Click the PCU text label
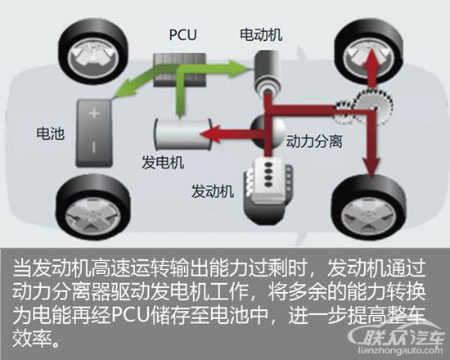[x=182, y=34]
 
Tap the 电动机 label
[x=261, y=34]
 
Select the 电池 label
[x=50, y=133]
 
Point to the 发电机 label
[x=163, y=162]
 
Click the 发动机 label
[x=213, y=191]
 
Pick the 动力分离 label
[x=314, y=142]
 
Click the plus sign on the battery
[x=94, y=113]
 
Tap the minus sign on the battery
[x=93, y=147]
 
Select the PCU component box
[x=180, y=70]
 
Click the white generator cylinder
[x=182, y=134]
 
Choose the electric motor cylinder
[x=267, y=72]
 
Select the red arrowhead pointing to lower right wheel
[x=372, y=167]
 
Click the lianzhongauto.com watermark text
[x=401, y=350]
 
